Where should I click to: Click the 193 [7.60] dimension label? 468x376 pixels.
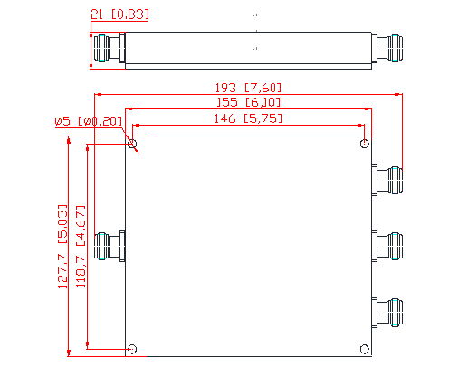coord(248,88)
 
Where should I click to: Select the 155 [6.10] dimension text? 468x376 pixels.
coord(248,103)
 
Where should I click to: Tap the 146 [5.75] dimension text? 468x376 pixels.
coord(248,118)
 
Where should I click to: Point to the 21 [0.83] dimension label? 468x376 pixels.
coord(119,14)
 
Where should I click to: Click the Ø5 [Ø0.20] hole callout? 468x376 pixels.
coord(88,121)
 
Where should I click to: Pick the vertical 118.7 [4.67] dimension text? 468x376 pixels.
coord(80,245)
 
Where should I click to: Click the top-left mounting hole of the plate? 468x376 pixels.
coord(133,144)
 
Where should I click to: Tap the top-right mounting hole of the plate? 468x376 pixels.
coord(365,144)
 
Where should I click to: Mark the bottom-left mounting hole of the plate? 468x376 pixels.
coord(133,349)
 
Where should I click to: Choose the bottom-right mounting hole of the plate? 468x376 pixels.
coord(365,349)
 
